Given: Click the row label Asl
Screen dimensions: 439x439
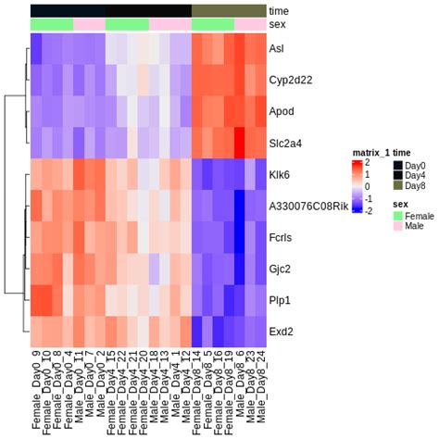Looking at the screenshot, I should [x=276, y=48].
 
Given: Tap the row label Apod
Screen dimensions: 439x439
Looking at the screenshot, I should [x=280, y=111].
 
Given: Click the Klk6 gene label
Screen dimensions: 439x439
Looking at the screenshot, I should [x=279, y=175].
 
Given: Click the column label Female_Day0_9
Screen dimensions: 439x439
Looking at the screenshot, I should [x=37, y=389].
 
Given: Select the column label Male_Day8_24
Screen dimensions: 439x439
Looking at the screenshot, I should [x=253, y=389].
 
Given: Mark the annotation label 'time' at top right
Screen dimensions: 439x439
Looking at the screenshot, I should [x=278, y=10].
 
